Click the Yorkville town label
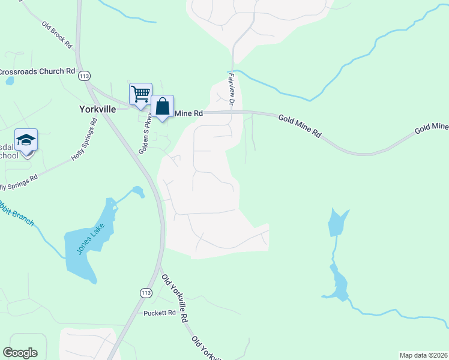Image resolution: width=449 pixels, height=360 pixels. (97, 110)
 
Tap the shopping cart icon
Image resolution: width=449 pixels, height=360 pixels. (140, 94)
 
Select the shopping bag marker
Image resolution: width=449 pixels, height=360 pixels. (162, 106)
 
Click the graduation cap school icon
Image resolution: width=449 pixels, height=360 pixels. (26, 140)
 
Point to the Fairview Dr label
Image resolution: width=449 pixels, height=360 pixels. (231, 88)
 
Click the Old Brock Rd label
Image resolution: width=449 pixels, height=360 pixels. (57, 35)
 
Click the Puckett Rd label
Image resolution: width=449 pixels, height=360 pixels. (159, 313)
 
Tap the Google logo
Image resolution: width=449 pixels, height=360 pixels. (20, 353)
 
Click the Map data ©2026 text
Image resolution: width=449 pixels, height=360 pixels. (423, 355)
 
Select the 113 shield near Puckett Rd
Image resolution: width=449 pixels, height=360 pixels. (145, 292)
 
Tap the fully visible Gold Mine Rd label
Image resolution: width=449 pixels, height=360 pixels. (299, 125)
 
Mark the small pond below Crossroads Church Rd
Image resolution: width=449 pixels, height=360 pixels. (10, 81)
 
